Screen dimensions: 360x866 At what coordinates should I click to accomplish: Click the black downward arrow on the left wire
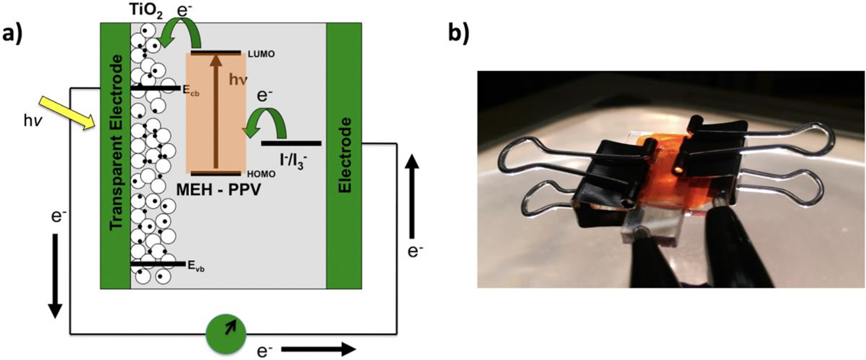(54, 272)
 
